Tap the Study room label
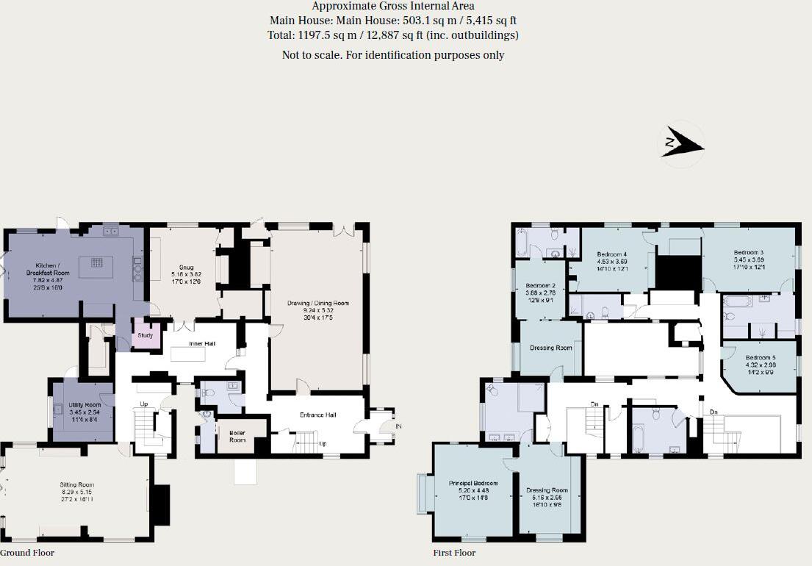click(145, 337)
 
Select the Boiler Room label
click(237, 433)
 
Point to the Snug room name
click(187, 267)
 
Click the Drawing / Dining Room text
click(317, 303)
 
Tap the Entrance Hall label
click(317, 415)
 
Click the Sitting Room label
click(76, 484)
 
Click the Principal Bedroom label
click(473, 483)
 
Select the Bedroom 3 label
click(748, 253)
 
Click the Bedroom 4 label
click(611, 254)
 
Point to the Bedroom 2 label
click(540, 285)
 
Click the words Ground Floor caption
click(27, 553)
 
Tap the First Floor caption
click(454, 553)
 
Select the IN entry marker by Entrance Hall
click(398, 426)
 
